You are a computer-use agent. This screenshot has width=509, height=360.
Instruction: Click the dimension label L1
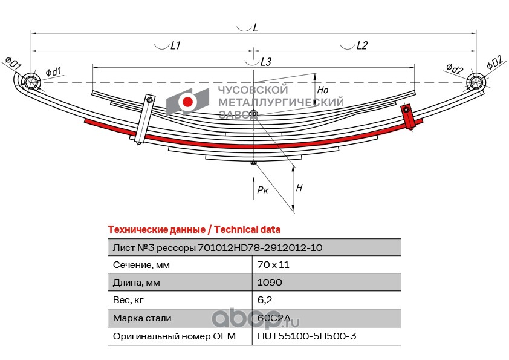click(176, 45)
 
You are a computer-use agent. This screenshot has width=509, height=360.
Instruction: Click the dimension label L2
click(362, 45)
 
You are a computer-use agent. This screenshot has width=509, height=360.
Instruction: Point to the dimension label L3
click(265, 62)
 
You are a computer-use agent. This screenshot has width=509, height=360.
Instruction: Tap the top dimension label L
click(256, 28)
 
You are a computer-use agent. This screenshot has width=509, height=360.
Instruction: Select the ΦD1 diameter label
click(13, 63)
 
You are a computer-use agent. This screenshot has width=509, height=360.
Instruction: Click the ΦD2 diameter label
click(494, 63)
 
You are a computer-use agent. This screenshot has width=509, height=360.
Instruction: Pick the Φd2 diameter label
click(454, 68)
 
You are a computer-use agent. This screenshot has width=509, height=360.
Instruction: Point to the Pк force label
click(262, 190)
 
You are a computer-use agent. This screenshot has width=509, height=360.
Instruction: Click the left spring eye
click(30, 82)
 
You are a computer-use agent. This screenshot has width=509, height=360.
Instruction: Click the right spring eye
click(476, 82)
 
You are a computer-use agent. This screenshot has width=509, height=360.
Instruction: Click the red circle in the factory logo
click(187, 102)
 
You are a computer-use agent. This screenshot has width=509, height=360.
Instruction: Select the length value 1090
click(270, 282)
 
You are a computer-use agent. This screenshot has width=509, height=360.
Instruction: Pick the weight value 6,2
click(264, 299)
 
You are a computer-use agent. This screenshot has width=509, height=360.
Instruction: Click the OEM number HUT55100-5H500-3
click(300, 335)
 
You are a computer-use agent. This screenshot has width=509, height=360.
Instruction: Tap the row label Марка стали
click(142, 317)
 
